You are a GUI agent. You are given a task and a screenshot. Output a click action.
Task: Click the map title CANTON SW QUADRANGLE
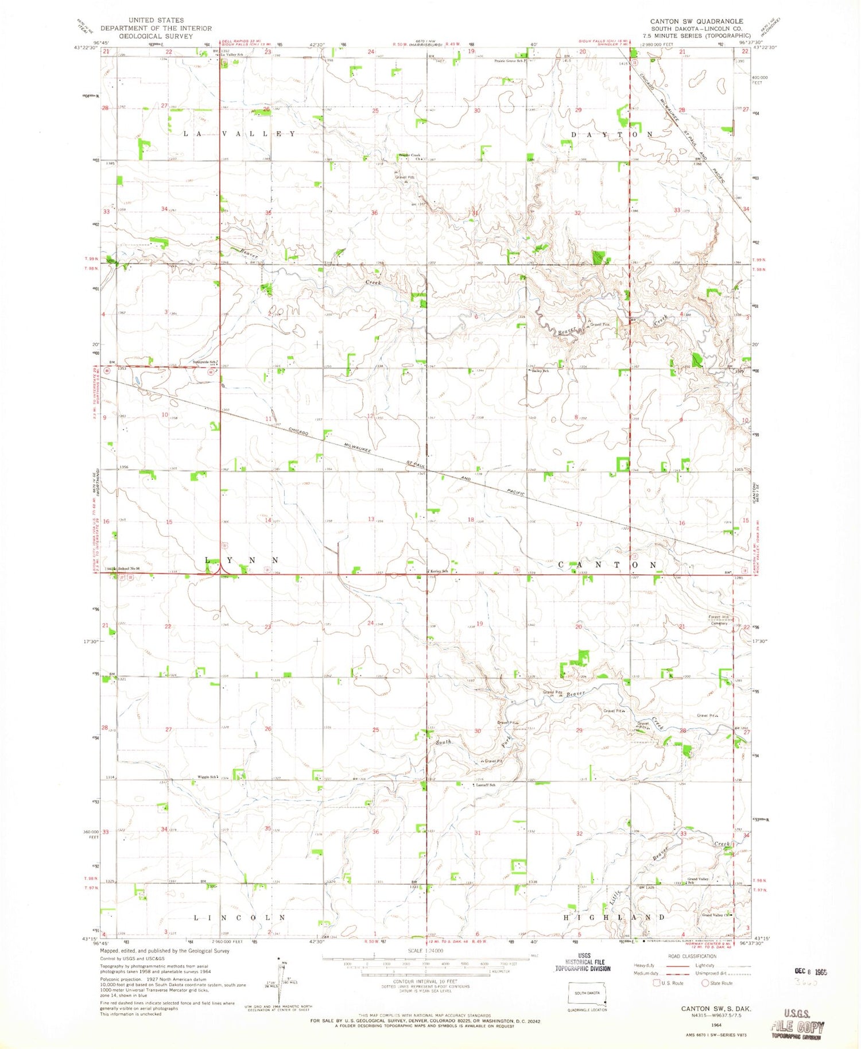(x=696, y=21)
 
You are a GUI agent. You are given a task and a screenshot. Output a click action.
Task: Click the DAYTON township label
(x=612, y=134)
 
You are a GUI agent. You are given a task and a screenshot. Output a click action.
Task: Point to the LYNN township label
(x=242, y=560)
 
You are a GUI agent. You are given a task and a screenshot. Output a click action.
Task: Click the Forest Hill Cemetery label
(x=718, y=620)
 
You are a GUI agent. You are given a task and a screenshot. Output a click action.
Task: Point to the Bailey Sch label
(x=540, y=371)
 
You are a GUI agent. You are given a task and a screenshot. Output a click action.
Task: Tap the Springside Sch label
(x=205, y=362)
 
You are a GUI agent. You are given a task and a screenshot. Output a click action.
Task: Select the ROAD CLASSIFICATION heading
(x=692, y=956)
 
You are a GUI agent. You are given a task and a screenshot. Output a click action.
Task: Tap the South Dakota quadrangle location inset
(x=588, y=994)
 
